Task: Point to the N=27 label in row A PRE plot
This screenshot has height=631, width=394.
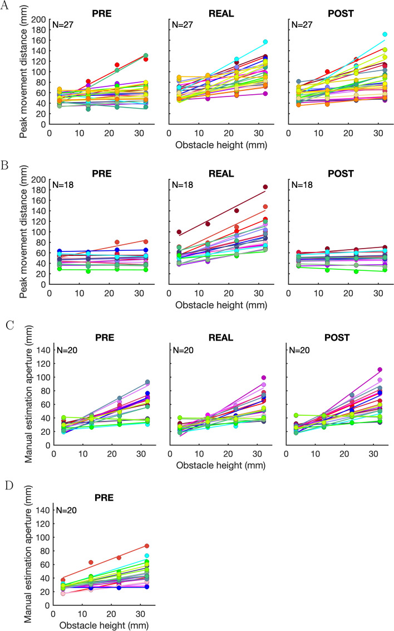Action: [63, 25]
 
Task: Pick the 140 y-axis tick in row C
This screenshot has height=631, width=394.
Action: [43, 350]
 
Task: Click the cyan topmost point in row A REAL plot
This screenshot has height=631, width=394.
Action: [265, 42]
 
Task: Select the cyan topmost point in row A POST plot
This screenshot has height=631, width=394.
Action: [385, 35]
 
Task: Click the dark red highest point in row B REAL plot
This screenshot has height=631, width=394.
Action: [265, 187]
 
